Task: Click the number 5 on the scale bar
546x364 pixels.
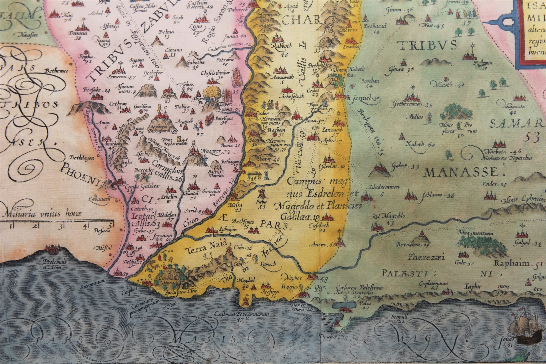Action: click(110, 226)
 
